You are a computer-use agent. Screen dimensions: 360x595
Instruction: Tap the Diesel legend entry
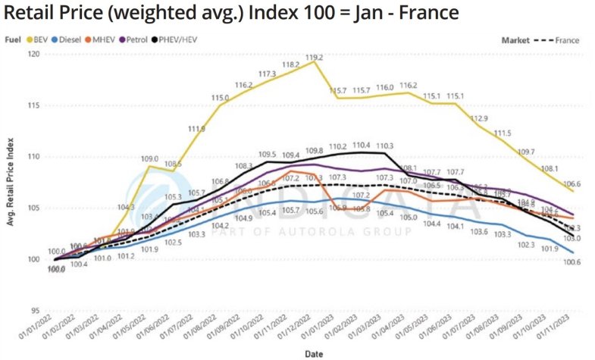point(85,38)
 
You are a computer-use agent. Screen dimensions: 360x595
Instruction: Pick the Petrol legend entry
point(166,38)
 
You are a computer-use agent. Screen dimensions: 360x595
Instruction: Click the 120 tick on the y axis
point(35,55)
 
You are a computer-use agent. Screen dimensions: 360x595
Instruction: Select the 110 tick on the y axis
point(35,157)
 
